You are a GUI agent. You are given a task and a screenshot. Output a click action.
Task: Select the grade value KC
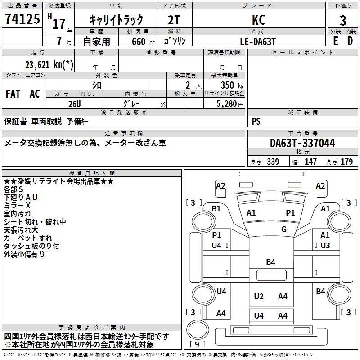click(258, 20)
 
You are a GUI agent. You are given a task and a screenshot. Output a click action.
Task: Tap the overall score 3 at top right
click(343, 21)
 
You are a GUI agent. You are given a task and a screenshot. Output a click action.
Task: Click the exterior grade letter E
click(335, 41)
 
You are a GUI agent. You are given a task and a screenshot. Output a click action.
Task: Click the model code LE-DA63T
click(258, 41)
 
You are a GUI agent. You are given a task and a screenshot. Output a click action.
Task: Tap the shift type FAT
click(13, 94)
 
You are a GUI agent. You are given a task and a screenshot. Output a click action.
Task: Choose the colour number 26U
click(75, 103)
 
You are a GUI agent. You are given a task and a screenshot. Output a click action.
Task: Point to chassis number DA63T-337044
click(302, 144)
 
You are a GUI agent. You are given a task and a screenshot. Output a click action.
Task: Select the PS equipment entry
click(256, 121)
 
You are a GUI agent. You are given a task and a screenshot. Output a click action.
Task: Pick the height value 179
click(346, 162)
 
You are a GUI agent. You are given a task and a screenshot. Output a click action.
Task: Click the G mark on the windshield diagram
click(284, 229)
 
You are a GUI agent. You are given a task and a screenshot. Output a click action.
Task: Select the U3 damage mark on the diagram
click(325, 245)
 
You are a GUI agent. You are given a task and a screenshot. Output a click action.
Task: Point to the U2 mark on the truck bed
click(259, 296)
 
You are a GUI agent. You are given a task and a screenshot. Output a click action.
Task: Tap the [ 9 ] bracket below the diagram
click(198, 345)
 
